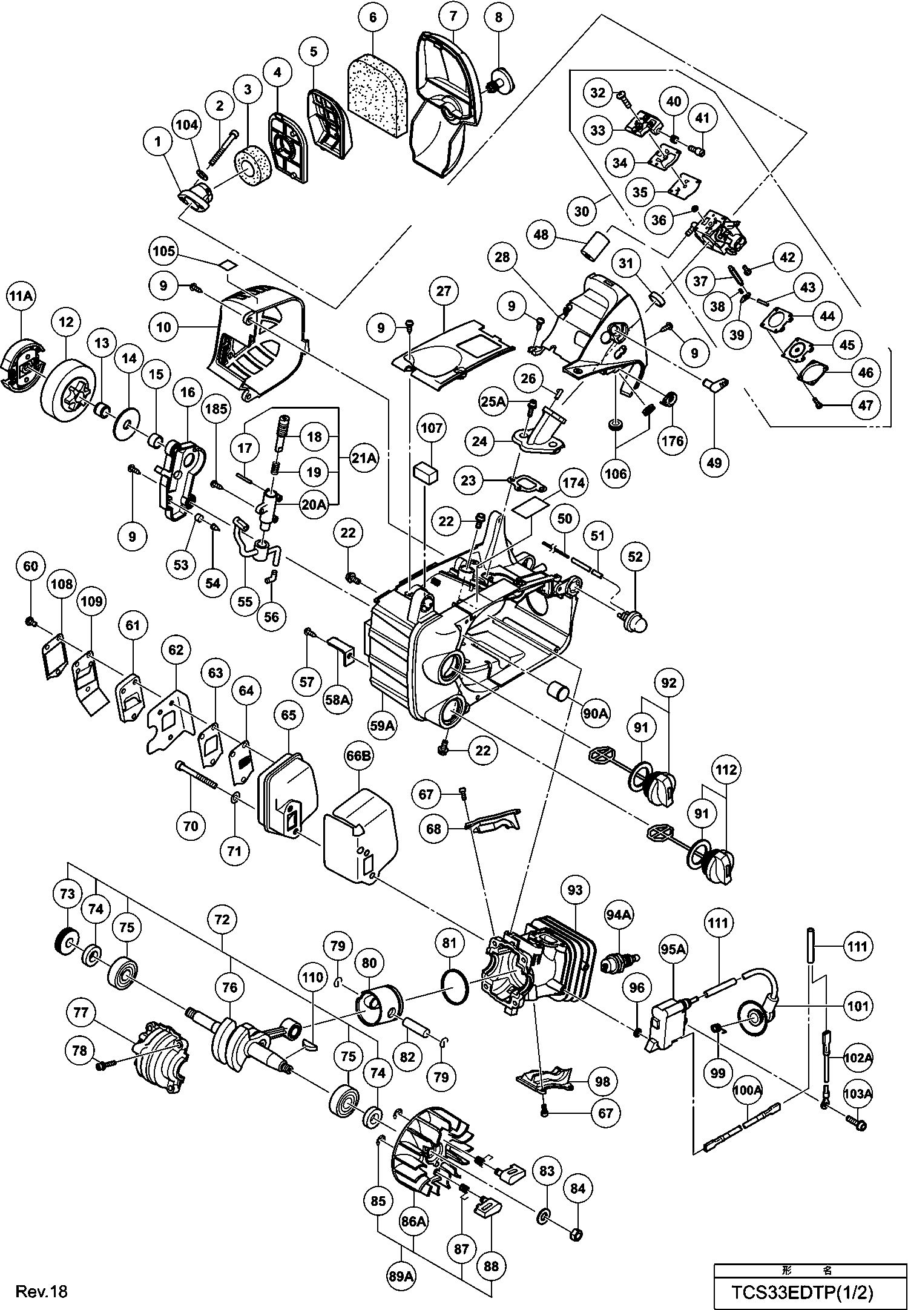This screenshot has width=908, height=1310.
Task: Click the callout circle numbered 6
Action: coord(373,18)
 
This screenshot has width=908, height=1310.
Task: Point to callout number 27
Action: coord(444,291)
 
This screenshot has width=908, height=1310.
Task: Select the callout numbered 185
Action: coord(216,409)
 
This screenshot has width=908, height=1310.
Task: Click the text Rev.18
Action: coord(42,1292)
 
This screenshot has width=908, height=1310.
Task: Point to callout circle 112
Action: coord(726,770)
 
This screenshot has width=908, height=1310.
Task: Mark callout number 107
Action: coord(432,428)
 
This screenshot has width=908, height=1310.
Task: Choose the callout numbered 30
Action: coord(582,211)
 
